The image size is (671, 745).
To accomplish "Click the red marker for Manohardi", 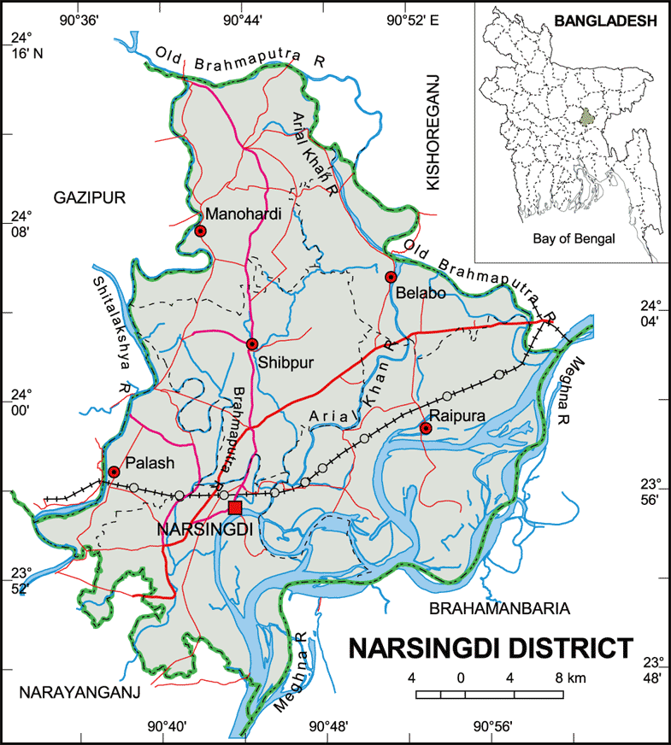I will pos(200,231).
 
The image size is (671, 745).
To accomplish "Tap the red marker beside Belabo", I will pos(391,277).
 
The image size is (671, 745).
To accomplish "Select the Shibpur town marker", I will pos(252,344).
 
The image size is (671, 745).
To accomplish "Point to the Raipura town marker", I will pos(426,428).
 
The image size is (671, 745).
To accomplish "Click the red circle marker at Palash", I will pos(114,472).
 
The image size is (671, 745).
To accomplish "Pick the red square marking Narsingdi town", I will pos(236,507).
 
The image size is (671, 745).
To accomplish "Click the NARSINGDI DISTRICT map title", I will pos(491,648).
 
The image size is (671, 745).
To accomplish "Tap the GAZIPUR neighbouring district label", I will pos(90,197).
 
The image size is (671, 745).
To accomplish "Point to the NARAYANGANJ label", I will pos(80,692).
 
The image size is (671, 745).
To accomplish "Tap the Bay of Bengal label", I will pos(573,239).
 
